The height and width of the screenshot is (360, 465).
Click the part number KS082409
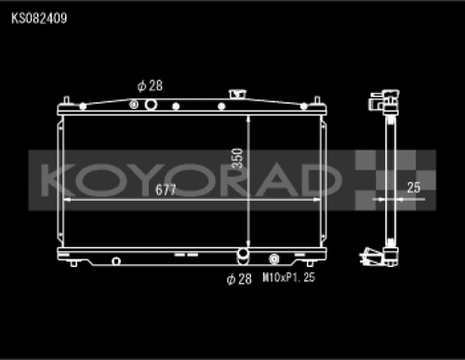(39, 18)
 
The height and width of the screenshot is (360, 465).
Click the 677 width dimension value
(166, 188)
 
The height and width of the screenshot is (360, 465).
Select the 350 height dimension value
(239, 157)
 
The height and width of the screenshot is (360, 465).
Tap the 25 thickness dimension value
(414, 187)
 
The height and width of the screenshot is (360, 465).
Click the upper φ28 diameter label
(150, 86)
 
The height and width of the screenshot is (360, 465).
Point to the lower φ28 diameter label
(240, 278)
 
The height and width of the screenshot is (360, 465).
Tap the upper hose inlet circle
(150, 104)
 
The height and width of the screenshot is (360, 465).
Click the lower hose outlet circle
(243, 257)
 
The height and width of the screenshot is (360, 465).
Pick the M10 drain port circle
(274, 260)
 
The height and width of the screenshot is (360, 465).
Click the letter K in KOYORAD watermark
(56, 177)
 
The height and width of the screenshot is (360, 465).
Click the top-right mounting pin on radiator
(319, 99)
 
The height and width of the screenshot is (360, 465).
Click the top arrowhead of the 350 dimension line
(248, 119)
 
